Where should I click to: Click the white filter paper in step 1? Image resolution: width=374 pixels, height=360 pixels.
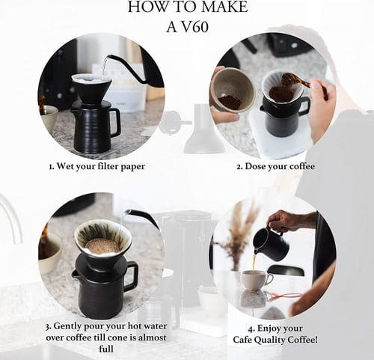tap(91, 79)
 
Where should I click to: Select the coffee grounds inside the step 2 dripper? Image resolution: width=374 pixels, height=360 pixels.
tap(281, 94)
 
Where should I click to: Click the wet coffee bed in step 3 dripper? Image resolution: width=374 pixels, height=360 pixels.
tap(102, 245)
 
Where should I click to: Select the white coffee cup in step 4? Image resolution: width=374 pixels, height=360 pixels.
tap(256, 280)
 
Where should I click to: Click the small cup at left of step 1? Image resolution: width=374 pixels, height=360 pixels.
tap(49, 118)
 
